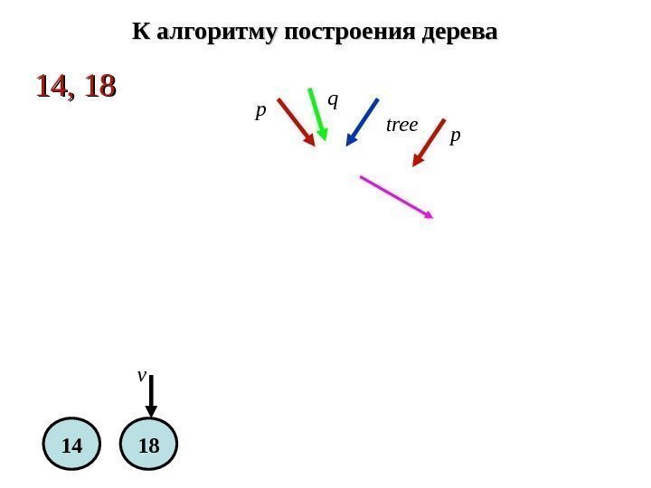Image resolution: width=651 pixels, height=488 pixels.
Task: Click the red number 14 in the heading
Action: pos(52,87)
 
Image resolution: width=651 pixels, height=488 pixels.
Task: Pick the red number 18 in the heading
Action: pos(99,87)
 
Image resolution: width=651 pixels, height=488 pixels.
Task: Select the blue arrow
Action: pos(362,121)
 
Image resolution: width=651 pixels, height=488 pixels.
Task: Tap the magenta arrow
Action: pos(396,196)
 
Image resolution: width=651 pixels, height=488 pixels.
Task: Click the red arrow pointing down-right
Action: pos(296,121)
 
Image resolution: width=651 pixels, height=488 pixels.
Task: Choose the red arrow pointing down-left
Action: pos(429,143)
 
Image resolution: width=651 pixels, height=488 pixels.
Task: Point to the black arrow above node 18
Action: pos(151,396)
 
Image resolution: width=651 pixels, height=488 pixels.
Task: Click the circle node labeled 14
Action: pos(72,446)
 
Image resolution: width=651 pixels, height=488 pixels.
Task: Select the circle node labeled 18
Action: pos(150,446)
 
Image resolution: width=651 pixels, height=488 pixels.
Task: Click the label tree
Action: pos(401,125)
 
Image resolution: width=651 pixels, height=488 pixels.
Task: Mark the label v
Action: pos(141,373)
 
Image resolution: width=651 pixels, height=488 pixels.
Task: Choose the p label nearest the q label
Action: pos(260,111)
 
